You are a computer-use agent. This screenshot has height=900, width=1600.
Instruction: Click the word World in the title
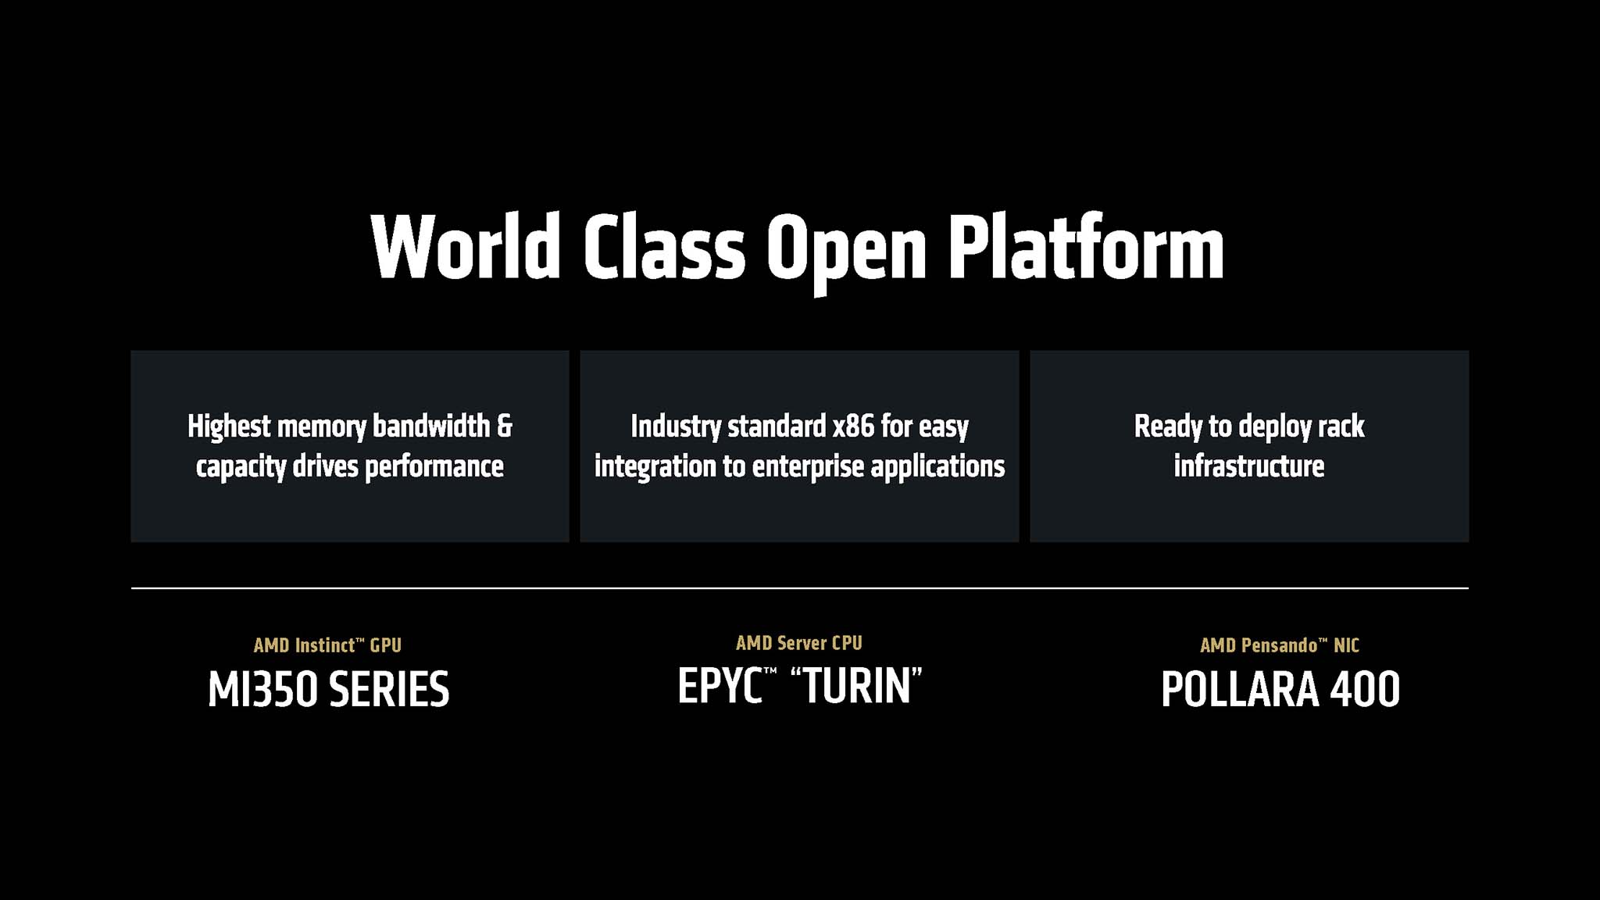tap(466, 247)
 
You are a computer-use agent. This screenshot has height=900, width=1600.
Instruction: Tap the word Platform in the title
tap(1086, 247)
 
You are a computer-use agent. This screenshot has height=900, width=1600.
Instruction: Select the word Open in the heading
tap(846, 250)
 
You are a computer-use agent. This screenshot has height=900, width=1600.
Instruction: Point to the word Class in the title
tap(664, 247)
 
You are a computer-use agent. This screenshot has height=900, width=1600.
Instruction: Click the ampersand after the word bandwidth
tap(505, 427)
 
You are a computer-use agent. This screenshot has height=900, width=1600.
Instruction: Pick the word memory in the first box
tap(321, 427)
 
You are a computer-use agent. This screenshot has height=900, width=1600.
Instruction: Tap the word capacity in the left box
tap(241, 467)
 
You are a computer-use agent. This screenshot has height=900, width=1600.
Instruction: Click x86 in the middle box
tap(853, 427)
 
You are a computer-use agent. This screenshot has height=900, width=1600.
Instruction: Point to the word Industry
tap(676, 427)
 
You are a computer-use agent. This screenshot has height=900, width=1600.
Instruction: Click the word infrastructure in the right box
tap(1248, 466)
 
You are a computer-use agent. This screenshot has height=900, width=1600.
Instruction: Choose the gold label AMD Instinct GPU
tap(327, 645)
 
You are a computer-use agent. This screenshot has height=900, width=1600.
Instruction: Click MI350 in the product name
tap(262, 690)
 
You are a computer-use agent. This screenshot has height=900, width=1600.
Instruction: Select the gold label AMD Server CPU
tap(798, 643)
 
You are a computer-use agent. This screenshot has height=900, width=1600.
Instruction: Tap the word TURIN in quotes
tap(857, 687)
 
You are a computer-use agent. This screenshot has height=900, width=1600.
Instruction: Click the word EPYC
tap(720, 687)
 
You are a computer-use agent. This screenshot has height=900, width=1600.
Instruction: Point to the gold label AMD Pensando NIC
tap(1280, 645)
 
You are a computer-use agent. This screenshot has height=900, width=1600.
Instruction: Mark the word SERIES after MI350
tap(389, 690)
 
